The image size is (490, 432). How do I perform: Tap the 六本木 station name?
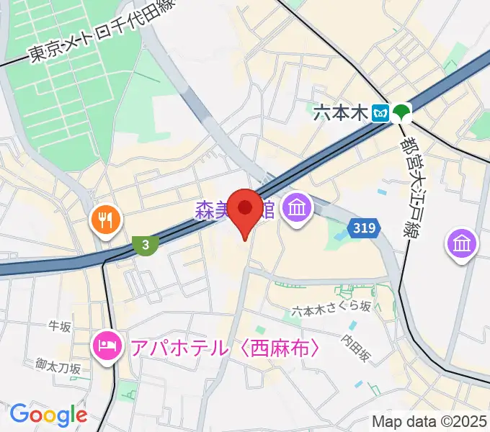click(341, 112)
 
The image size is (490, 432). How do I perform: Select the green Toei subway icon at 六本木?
click(401, 112)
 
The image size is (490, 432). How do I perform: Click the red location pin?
click(245, 210)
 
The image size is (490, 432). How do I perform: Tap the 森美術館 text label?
click(234, 210)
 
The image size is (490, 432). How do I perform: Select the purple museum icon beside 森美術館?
click(296, 210)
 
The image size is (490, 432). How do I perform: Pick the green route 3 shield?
click(146, 245)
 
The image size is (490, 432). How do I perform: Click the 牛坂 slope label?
click(60, 327)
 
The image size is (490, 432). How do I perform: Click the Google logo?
click(48, 414)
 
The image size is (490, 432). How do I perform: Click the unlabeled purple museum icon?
click(461, 243)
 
